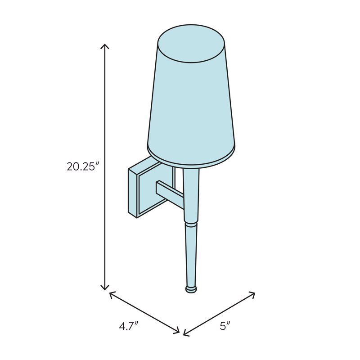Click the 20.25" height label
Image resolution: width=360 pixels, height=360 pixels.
point(83,166)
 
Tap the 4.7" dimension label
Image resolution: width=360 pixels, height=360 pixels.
point(129,326)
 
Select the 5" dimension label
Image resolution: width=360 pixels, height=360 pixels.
point(225,326)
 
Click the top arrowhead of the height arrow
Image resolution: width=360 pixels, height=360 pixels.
point(105,46)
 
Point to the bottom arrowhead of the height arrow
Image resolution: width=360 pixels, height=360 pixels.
point(105,287)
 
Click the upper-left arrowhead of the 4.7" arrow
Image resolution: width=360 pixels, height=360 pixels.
point(112,294)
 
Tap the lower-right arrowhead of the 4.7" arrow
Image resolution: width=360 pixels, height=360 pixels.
point(176,330)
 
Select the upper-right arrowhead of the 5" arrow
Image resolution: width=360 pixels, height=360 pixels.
point(252,294)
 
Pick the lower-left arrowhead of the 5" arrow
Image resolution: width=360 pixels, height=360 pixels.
point(186,333)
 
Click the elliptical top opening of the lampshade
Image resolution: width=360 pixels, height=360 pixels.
point(191,44)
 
